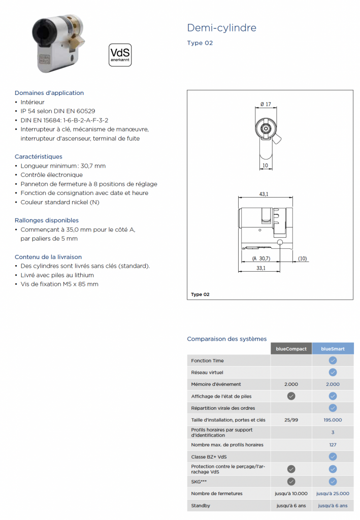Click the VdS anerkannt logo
pos(120,55)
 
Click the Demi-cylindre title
pos(221,27)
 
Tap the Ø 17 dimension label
pos(266,104)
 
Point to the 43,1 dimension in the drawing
pos(264,194)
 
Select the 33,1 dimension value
pos(261,268)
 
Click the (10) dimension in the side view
pos(303,259)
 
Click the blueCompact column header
pos(291,349)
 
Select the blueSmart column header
pos(333,349)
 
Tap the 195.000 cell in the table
pos(333,420)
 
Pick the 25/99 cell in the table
pos(291,420)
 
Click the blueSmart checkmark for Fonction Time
pos(333,361)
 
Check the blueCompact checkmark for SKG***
pos(291,481)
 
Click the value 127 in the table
pos(333,445)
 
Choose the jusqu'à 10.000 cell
pos(291,494)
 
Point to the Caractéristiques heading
pos(39,156)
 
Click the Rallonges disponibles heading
pos(47,220)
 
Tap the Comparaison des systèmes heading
pos(226,339)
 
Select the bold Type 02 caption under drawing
pos(200,295)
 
